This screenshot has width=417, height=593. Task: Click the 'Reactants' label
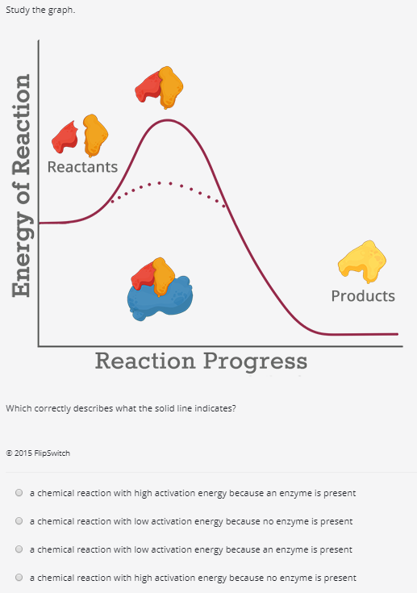coord(82,167)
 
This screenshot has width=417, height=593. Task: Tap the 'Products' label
coord(363,295)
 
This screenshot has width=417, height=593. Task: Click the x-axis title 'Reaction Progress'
coord(201,360)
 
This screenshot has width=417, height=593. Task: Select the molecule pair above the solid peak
coord(160,86)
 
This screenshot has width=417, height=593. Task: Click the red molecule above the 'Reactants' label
coord(65,138)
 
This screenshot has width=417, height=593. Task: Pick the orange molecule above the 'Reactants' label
coord(95,135)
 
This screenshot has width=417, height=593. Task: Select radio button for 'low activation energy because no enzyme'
coord(18,521)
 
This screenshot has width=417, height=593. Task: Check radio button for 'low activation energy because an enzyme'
coord(18,549)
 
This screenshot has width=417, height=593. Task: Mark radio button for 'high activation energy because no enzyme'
coord(18,578)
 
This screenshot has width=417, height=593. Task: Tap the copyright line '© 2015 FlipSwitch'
coord(38,453)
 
